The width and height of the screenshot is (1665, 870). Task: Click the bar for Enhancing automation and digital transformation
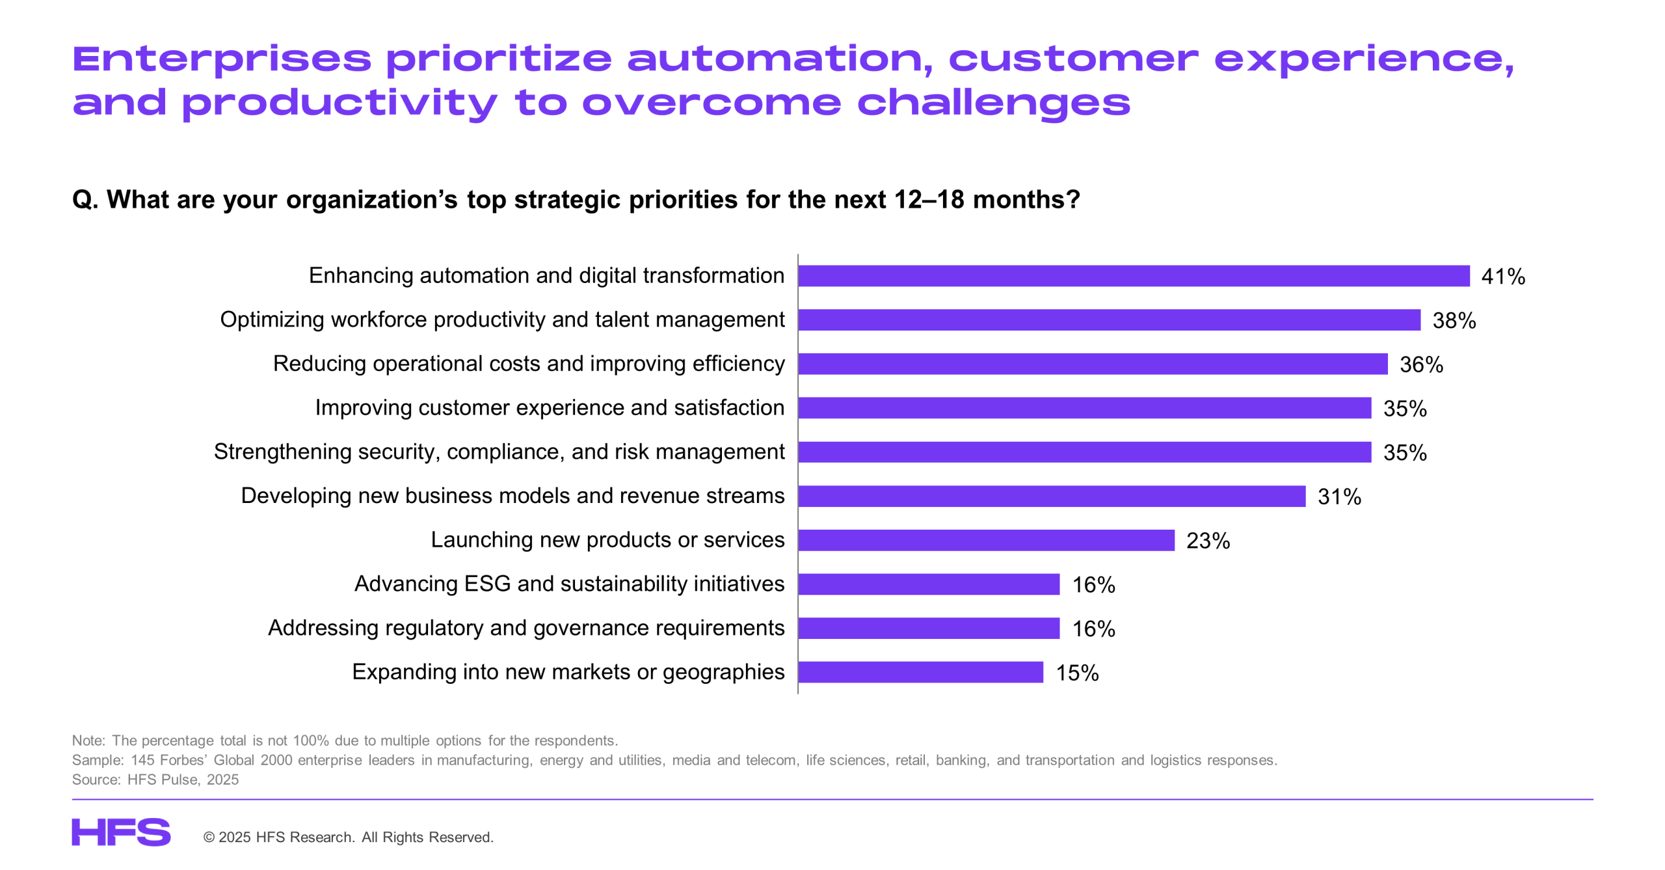pyautogui.click(x=1133, y=276)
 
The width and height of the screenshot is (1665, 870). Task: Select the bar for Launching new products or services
pyautogui.click(x=986, y=540)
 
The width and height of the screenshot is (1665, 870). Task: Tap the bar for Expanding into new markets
pyautogui.click(x=920, y=672)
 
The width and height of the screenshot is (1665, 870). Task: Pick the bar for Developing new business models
pyautogui.click(x=1052, y=496)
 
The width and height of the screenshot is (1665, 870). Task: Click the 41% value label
pyautogui.click(x=1503, y=277)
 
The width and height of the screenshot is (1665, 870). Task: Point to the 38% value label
pyautogui.click(x=1454, y=321)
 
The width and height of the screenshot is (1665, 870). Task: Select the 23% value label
pyautogui.click(x=1208, y=541)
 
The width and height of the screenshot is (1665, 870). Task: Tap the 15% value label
pyautogui.click(x=1077, y=673)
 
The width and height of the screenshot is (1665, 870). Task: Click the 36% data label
pyautogui.click(x=1421, y=364)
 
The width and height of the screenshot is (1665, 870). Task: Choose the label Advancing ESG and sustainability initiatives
pyautogui.click(x=569, y=584)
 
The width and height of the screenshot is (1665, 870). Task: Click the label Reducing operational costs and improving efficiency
pyautogui.click(x=529, y=364)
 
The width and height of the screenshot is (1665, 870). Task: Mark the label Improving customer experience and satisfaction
pyautogui.click(x=550, y=407)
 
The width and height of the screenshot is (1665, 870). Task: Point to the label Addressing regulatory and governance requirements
pyautogui.click(x=526, y=628)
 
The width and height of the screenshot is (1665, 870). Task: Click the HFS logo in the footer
pyautogui.click(x=121, y=832)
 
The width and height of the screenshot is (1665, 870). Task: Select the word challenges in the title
pyautogui.click(x=994, y=103)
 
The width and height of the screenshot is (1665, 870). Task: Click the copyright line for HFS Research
pyautogui.click(x=349, y=837)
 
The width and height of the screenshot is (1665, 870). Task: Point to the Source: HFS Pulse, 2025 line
pyautogui.click(x=155, y=780)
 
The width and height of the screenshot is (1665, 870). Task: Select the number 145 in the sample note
pyautogui.click(x=142, y=760)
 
